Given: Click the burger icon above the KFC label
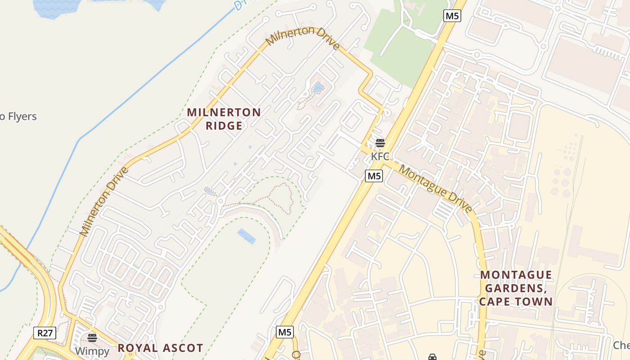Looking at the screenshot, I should pyautogui.click(x=380, y=143).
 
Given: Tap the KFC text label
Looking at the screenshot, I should pyautogui.click(x=379, y=156).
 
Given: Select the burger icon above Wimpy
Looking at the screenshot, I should pyautogui.click(x=92, y=337).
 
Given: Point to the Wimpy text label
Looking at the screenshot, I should pyautogui.click(x=92, y=351).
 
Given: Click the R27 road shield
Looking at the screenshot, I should pyautogui.click(x=45, y=333).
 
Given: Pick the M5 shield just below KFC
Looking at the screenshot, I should pyautogui.click(x=374, y=176).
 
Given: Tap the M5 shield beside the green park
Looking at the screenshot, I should pyautogui.click(x=452, y=16).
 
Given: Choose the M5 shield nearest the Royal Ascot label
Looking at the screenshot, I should pyautogui.click(x=285, y=332).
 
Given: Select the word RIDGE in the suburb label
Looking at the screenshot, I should pyautogui.click(x=224, y=126).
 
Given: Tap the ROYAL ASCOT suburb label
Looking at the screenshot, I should pyautogui.click(x=160, y=348).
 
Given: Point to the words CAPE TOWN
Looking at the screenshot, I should pyautogui.click(x=516, y=301).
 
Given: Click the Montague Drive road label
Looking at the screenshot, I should pyautogui.click(x=436, y=189).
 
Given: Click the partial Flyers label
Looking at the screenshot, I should pyautogui.click(x=18, y=117).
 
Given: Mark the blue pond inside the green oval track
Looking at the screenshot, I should pyautogui.click(x=246, y=236).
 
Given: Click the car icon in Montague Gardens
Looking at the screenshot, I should pyautogui.click(x=432, y=357).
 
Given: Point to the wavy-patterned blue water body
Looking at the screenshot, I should pyautogui.click(x=56, y=8).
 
